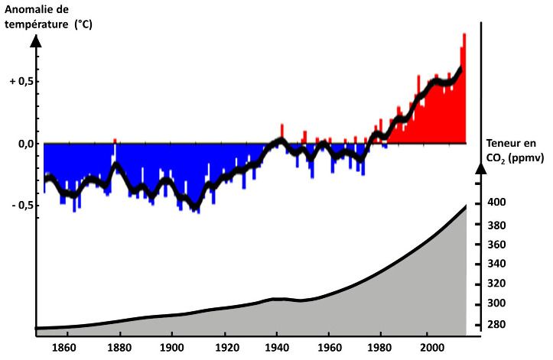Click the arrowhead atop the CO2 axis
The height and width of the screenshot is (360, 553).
tap(480, 168)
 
